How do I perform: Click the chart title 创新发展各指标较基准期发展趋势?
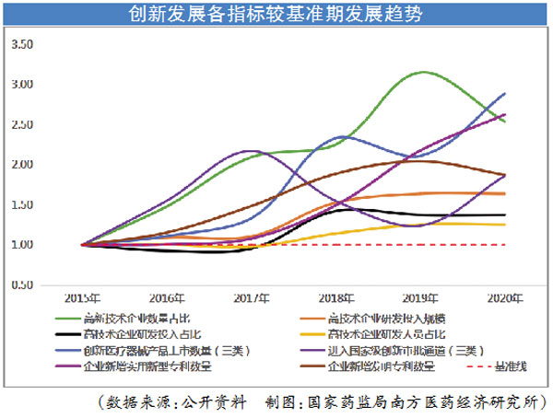point(276,13)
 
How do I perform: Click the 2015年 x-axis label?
point(82,298)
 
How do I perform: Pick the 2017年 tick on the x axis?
point(252,298)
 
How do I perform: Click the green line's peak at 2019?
point(423,72)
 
